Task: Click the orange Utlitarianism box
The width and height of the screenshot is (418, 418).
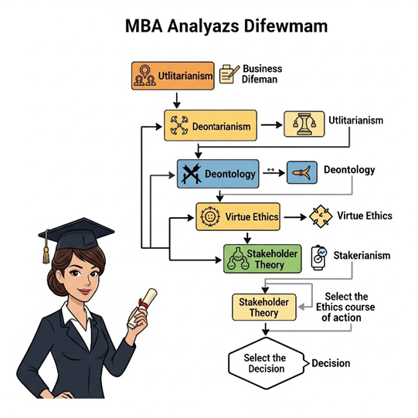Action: pos(173,76)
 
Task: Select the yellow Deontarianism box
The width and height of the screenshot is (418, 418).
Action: pos(210,125)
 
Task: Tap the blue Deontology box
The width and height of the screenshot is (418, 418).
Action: pos(218,174)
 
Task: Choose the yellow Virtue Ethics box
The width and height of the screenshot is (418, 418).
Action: pos(238,216)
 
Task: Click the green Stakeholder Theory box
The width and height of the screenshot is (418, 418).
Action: pos(263,259)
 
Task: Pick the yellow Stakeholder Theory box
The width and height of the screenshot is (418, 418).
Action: pos(264,307)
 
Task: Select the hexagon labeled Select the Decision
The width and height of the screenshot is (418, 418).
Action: pos(267,363)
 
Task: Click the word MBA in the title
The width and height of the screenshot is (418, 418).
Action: pos(144,26)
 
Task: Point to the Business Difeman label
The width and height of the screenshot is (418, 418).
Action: pos(262,74)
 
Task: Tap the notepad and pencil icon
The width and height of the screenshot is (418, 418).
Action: pos(229,74)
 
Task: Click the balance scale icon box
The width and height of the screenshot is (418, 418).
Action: pos(304,124)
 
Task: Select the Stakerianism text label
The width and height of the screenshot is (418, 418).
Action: pos(362,256)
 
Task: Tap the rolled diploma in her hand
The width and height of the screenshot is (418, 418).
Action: pos(142,308)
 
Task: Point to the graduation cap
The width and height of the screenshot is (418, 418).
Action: pos(76,234)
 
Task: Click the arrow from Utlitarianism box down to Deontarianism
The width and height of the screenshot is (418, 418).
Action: pos(176,100)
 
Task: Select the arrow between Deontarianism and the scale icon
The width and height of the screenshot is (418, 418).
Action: pos(271,124)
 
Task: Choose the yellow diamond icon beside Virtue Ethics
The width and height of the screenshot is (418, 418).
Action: pos(321,216)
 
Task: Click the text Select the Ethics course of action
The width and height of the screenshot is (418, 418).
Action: pos(345,307)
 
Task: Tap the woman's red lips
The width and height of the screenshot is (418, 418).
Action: pos(85,291)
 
